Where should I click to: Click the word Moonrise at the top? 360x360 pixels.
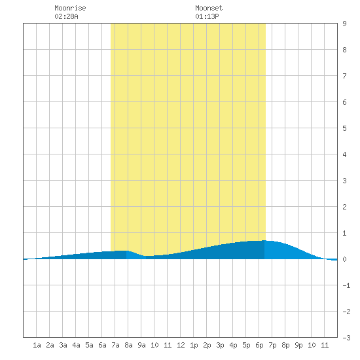(70, 8)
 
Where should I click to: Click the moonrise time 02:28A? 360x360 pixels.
(66, 16)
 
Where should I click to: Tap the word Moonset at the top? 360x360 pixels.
(209, 8)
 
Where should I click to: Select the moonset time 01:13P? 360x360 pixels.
(207, 16)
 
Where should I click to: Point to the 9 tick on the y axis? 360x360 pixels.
(344, 24)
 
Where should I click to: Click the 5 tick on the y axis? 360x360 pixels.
(344, 128)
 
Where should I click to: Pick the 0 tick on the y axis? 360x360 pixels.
(344, 259)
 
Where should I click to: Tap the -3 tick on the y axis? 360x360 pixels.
(346, 338)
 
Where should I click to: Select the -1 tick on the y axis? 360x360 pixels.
(346, 285)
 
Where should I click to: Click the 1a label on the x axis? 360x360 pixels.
(37, 345)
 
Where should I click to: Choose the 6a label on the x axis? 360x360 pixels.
(102, 345)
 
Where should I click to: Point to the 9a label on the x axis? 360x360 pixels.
(141, 345)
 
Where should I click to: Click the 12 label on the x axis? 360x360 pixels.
(181, 345)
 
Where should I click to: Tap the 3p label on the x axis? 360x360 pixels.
(220, 345)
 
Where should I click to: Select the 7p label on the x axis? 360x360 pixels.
(272, 345)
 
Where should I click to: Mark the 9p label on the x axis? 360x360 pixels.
(298, 345)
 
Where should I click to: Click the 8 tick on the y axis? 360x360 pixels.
(344, 50)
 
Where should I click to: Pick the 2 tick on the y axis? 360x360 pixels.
(344, 207)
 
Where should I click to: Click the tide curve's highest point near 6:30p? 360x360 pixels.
(264, 240)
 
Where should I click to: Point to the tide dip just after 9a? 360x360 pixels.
(146, 256)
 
